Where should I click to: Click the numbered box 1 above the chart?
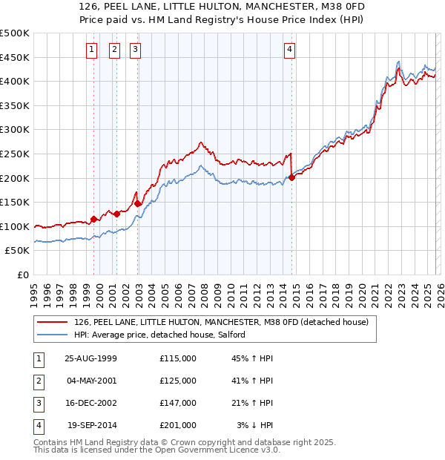tap(91, 50)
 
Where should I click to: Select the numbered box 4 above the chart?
tap(289, 50)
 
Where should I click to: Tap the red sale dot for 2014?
tap(292, 177)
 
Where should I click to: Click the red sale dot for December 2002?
tap(138, 203)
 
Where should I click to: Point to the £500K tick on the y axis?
tap(15, 33)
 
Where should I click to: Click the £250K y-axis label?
tap(15, 154)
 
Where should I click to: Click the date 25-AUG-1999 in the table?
tap(90, 358)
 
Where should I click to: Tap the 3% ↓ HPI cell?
tap(254, 425)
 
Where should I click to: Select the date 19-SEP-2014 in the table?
tap(92, 425)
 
